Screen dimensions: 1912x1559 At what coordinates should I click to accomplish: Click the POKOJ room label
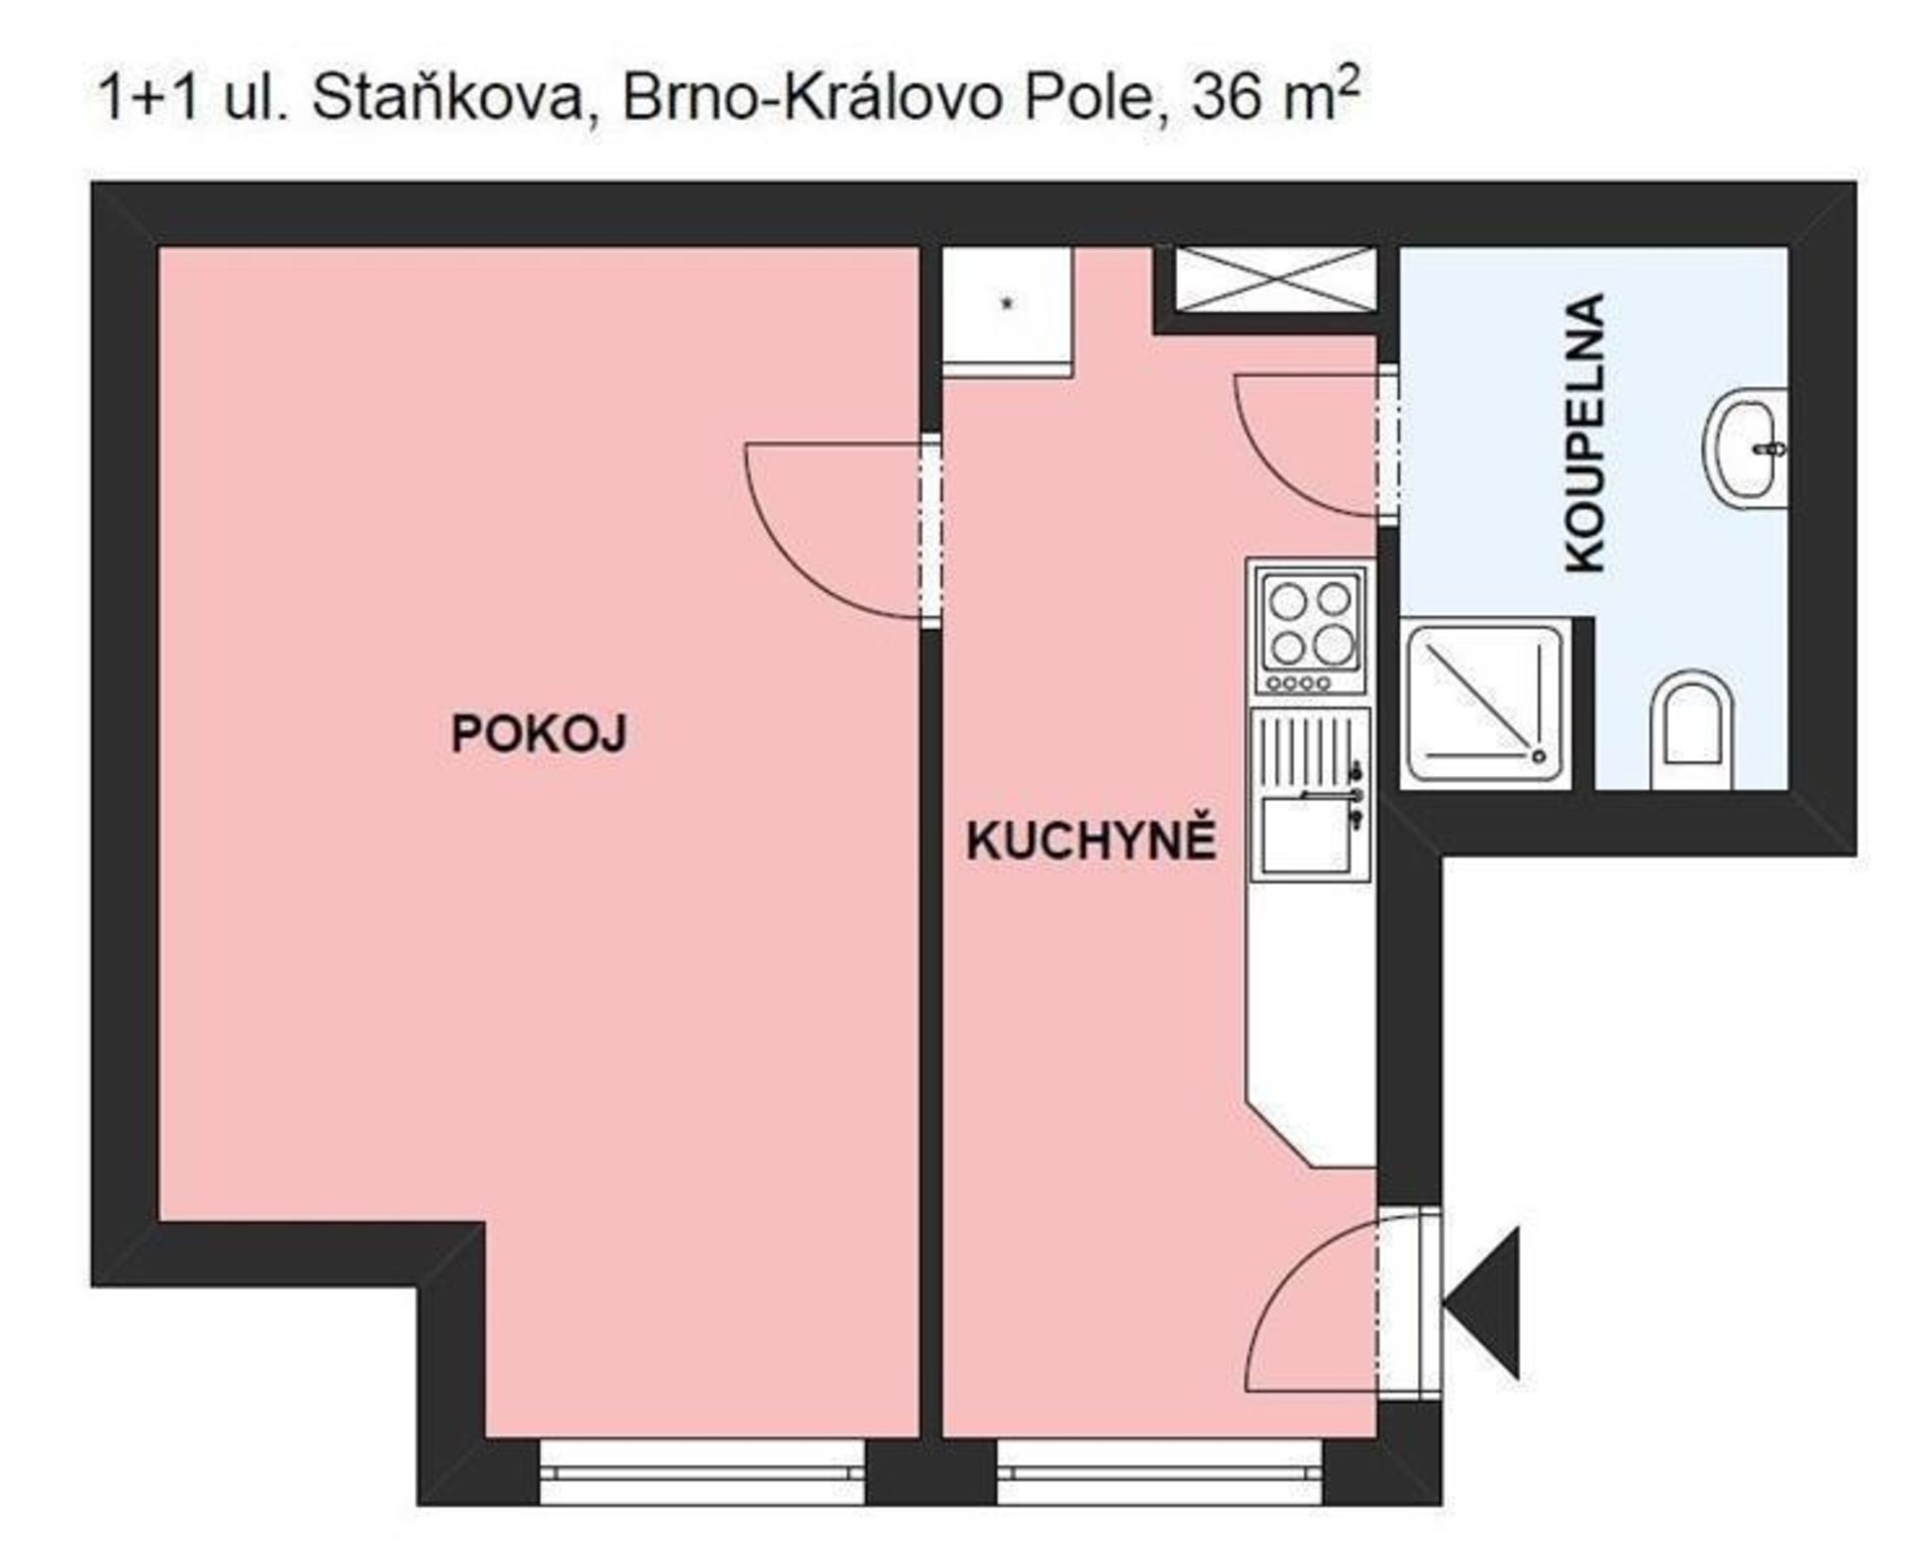[539, 734]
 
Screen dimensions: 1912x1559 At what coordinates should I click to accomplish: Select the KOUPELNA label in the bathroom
[1585, 432]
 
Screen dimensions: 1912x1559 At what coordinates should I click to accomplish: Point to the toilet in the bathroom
[1691, 730]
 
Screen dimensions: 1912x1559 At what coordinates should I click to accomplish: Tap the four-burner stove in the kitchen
[1311, 629]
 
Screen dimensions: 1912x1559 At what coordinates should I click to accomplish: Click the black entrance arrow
[1482, 1303]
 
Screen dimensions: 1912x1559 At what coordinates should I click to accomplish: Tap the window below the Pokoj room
[702, 1471]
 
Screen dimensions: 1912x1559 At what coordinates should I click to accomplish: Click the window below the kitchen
[1160, 1471]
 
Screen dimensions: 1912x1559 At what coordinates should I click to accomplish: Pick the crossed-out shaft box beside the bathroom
[1275, 279]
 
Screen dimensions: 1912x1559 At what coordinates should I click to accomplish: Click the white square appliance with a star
[1007, 312]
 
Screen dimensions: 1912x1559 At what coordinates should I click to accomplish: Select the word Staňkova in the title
[446, 99]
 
